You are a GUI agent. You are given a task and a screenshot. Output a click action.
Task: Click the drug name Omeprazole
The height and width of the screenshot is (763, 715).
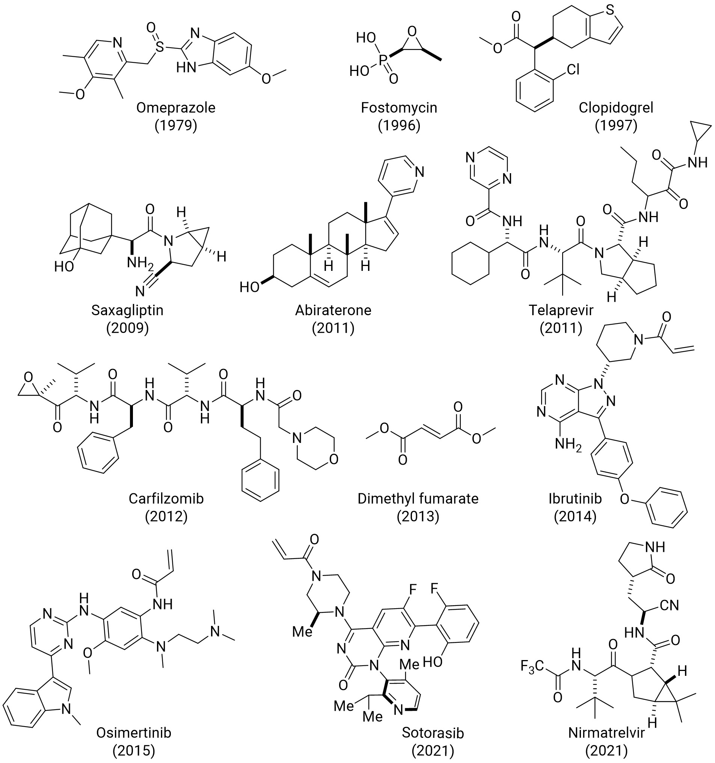[x=176, y=107]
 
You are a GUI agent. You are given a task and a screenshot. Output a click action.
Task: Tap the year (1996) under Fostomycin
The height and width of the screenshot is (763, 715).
[x=399, y=125]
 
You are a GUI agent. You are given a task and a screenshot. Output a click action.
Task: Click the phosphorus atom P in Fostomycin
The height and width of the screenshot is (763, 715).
[x=383, y=59]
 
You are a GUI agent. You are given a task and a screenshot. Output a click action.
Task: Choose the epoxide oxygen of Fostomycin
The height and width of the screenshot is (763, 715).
[x=412, y=31]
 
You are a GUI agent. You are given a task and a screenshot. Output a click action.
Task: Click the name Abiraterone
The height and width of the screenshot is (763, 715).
[x=333, y=310]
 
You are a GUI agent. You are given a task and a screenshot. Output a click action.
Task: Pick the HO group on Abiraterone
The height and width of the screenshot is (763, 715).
[x=250, y=287]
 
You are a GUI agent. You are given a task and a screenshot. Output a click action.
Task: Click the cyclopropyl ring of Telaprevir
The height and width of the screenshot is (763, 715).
[x=701, y=139]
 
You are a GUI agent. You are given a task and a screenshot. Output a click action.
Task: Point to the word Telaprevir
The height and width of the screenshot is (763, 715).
[x=561, y=310]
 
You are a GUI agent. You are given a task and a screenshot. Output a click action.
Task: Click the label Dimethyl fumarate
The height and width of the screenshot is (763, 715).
[x=418, y=499]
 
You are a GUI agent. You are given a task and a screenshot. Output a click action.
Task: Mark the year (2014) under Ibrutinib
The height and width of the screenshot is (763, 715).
[x=575, y=517]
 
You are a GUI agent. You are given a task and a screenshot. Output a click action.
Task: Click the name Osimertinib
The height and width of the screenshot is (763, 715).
[x=133, y=733]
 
